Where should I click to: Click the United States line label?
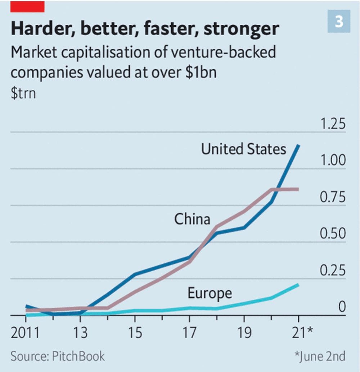click(x=244, y=149)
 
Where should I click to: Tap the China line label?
click(x=192, y=219)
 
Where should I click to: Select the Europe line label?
click(x=210, y=293)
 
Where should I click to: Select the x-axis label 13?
click(x=80, y=333)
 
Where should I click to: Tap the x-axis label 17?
click(x=189, y=333)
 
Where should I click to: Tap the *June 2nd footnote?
click(x=319, y=356)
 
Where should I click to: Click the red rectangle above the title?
click(x=27, y=6)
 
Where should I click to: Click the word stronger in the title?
click(x=241, y=28)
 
